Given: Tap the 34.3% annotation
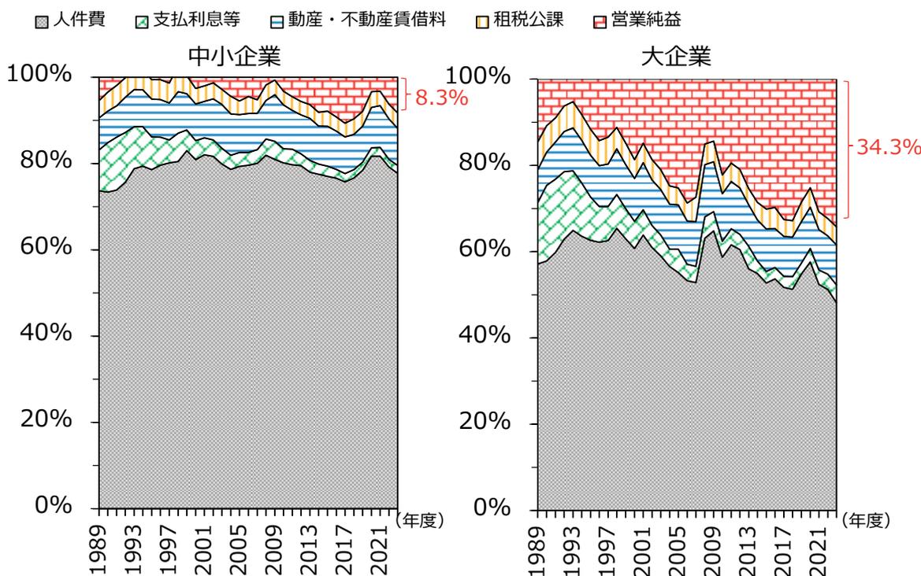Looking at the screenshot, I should [888, 147].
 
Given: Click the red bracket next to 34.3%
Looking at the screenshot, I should [848, 148].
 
